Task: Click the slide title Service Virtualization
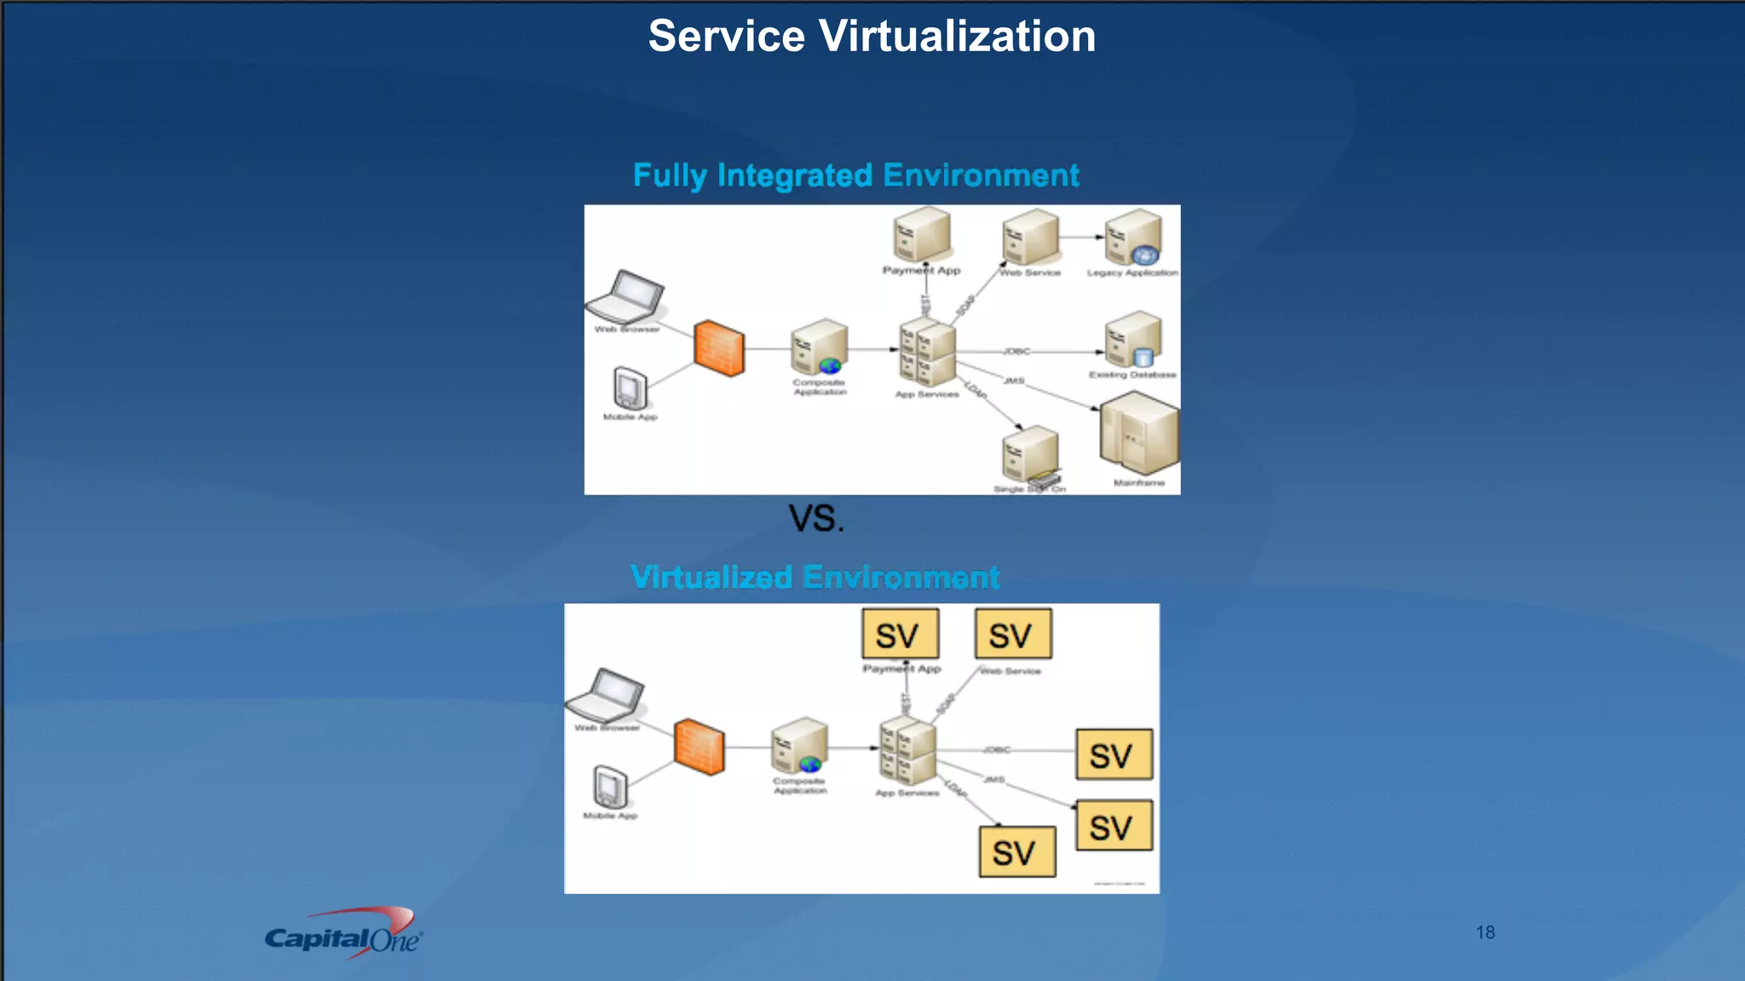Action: coord(872,37)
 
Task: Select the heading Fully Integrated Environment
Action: coord(855,175)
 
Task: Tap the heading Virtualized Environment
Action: coord(815,577)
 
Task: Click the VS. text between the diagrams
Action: coord(815,519)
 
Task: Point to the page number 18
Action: coord(1485,932)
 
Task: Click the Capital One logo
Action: coord(344,935)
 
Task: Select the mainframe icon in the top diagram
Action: coord(1138,433)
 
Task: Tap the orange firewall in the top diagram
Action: coord(718,348)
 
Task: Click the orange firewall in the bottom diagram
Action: coord(699,747)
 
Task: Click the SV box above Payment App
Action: coord(900,634)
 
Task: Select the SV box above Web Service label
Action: coord(1013,634)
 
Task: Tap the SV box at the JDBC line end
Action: coord(1114,754)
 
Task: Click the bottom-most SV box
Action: coord(1017,852)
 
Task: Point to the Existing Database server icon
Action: coord(1133,341)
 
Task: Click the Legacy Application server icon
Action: coord(1133,238)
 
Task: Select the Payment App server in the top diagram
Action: coord(921,234)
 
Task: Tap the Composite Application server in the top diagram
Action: coord(819,347)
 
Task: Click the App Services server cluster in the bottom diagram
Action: coord(907,750)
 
